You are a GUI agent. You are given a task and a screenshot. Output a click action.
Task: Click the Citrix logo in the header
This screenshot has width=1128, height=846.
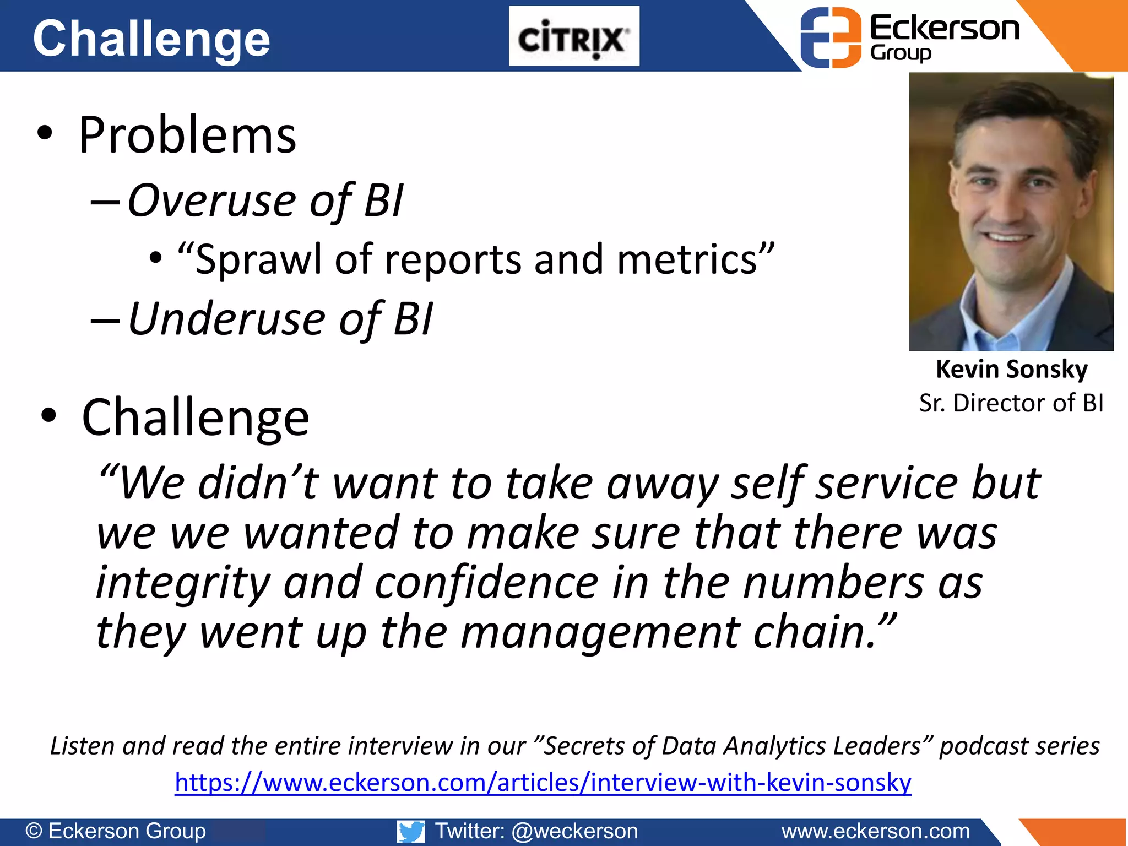pos(573,36)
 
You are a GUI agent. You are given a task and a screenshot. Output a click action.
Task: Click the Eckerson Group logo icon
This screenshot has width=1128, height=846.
pos(830,37)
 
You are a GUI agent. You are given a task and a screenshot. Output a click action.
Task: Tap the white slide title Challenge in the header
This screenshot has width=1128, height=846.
pos(151,39)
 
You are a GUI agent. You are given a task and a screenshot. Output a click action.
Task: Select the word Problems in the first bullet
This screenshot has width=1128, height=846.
pos(187,135)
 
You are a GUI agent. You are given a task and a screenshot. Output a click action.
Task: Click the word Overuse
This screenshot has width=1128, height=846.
pos(212,200)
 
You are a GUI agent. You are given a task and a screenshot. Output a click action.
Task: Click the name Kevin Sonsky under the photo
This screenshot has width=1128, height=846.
pos(1011,369)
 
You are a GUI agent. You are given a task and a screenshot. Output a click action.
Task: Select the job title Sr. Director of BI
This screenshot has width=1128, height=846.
pos(1011,403)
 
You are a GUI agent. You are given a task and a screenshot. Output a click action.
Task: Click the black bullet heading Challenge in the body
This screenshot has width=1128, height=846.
pos(195,417)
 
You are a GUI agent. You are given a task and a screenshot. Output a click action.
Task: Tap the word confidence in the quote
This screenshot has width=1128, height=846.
pos(486,583)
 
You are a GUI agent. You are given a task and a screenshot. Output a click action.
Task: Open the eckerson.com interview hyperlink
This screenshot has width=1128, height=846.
pos(543,783)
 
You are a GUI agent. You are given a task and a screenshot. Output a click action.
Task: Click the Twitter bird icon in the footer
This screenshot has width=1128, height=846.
pos(411,831)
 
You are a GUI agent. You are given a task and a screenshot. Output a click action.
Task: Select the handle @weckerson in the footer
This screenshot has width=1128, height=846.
pos(574,831)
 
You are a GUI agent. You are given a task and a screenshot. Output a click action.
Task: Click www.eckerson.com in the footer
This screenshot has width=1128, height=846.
pos(875,831)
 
